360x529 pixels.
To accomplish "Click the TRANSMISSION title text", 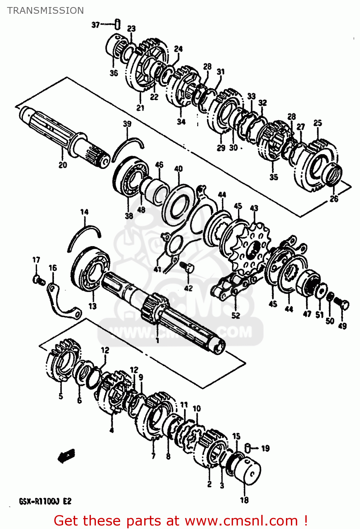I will [45, 11].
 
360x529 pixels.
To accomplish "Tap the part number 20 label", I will [62, 165].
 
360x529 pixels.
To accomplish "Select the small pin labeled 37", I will [117, 25].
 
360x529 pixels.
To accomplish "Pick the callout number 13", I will [92, 306].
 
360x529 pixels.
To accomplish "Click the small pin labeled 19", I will [248, 448].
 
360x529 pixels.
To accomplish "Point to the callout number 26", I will [334, 199].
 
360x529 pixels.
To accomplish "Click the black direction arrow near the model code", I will [66, 456].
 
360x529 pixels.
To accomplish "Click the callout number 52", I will [236, 315].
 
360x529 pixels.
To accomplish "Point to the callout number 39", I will [127, 124].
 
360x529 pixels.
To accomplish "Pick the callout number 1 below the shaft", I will [157, 340].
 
